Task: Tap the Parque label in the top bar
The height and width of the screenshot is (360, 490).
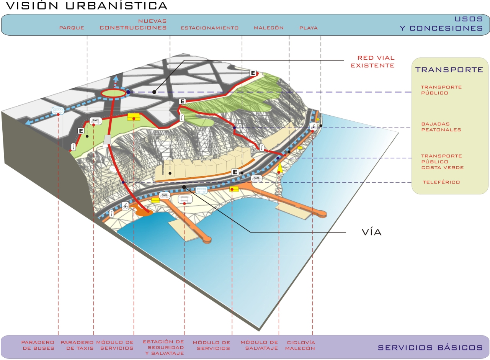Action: coord(72,28)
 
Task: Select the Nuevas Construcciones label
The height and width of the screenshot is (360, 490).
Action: coord(133,24)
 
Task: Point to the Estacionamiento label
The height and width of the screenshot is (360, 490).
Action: coord(209,28)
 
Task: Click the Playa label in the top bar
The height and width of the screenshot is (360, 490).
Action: coord(309,28)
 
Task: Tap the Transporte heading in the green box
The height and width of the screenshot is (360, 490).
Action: coord(449,70)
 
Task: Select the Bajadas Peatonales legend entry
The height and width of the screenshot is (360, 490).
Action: coord(441,127)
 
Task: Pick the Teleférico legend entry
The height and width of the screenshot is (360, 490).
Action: coord(441,182)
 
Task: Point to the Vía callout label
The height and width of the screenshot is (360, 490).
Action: coord(371,232)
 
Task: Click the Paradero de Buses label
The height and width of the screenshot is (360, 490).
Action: coord(38,345)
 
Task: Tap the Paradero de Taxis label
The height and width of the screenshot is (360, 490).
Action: coord(77,345)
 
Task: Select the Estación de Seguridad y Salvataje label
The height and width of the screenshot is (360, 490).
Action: coord(163,347)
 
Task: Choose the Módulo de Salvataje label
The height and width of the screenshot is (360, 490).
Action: coord(259,345)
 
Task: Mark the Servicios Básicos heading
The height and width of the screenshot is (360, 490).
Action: coord(430,348)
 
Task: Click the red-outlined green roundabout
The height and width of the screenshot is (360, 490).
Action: coord(113,93)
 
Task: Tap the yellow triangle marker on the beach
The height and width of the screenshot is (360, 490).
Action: coord(280,167)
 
